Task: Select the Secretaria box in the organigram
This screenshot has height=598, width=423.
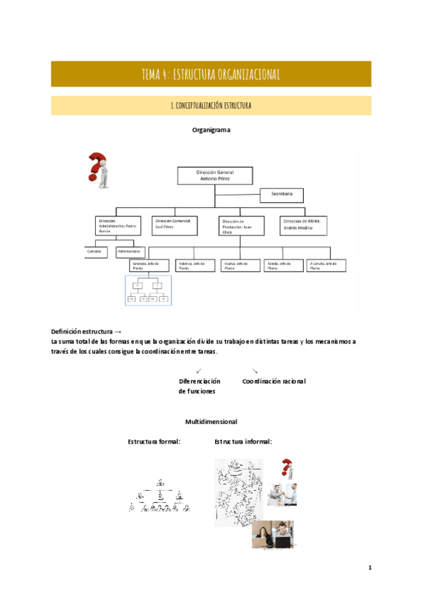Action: [282, 194]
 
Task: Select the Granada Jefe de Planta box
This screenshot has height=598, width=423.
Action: [148, 265]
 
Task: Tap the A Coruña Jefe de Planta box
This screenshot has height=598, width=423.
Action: [326, 265]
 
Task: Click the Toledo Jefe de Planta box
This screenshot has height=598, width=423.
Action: [282, 265]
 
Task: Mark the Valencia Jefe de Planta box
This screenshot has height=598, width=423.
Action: [193, 265]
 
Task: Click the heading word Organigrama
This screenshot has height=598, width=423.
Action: [211, 130]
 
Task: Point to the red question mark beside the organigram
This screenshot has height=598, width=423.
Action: [98, 169]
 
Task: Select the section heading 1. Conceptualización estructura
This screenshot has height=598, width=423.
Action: [211, 106]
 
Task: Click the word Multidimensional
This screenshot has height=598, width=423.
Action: [211, 422]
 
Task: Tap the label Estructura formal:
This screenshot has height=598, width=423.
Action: [154, 441]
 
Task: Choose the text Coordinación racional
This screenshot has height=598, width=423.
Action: [274, 382]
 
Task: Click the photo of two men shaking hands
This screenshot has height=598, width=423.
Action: [282, 494]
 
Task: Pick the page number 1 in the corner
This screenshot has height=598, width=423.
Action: [369, 568]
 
